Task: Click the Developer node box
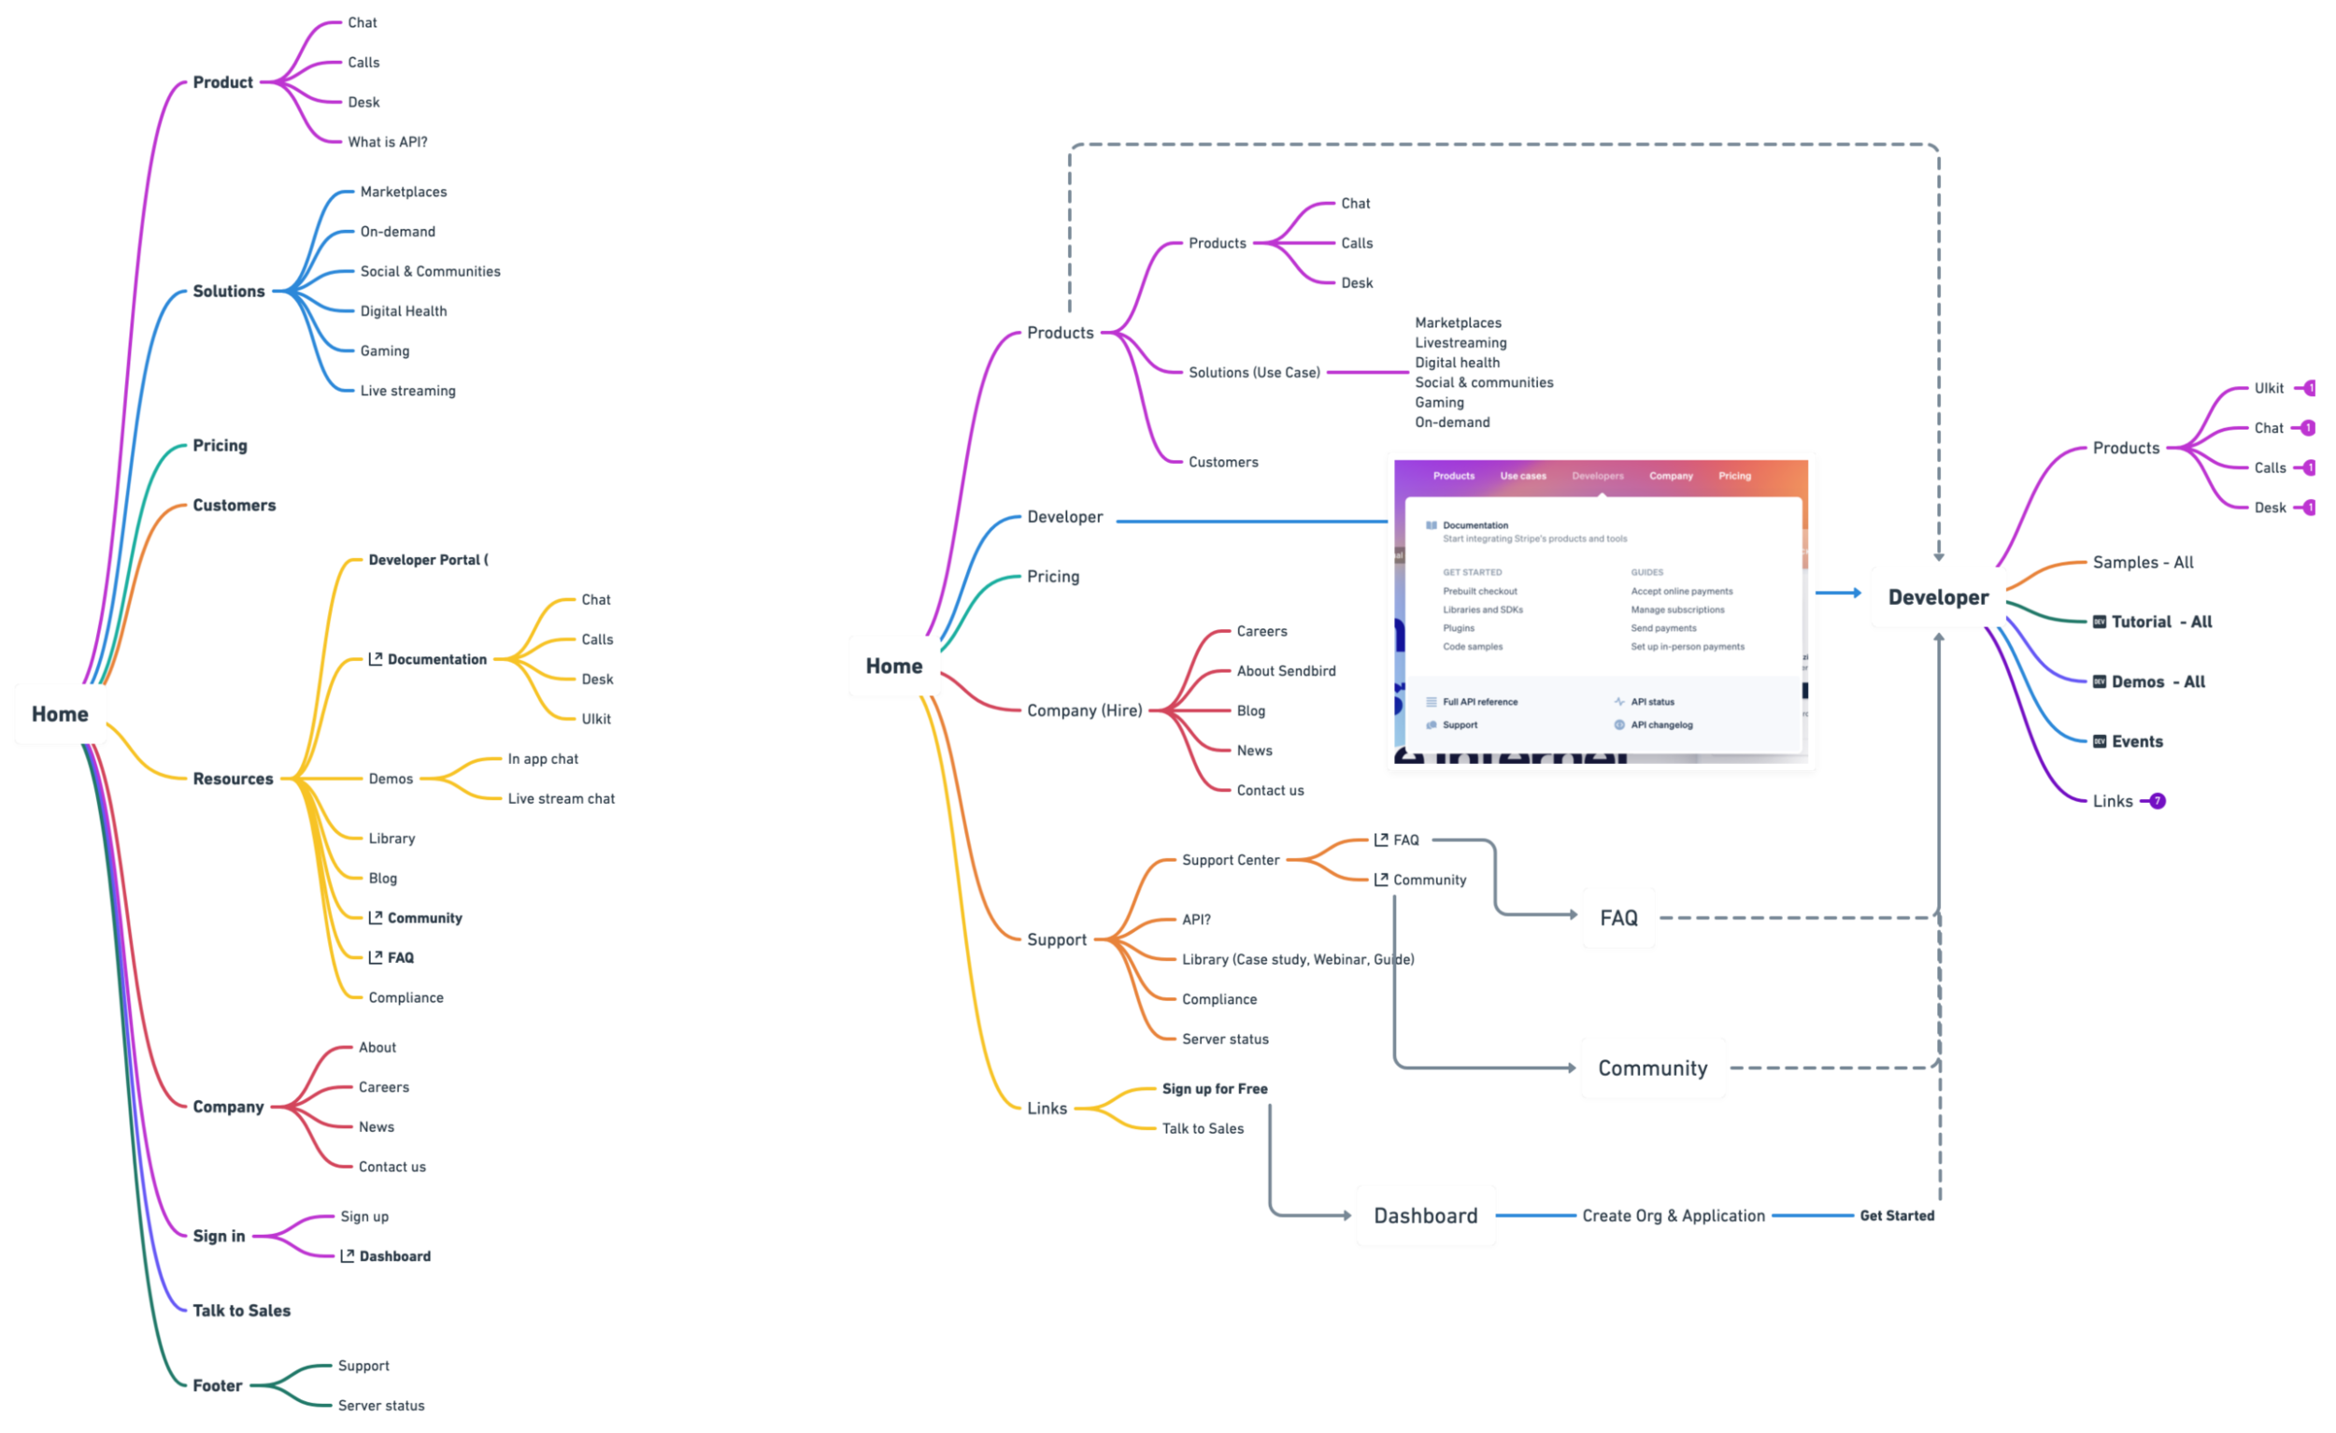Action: [x=1938, y=597]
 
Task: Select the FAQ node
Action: [x=1618, y=918]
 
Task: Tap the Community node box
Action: [x=1652, y=1068]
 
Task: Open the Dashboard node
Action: [x=1425, y=1216]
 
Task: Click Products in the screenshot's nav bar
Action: [x=1453, y=476]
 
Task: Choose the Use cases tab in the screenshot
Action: [x=1522, y=476]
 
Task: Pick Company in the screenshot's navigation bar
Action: [x=1671, y=476]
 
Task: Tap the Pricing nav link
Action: [x=1734, y=476]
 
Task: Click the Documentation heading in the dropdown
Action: [x=1475, y=525]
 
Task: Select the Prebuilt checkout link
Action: [x=1480, y=592]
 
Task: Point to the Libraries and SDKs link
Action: [x=1483, y=609]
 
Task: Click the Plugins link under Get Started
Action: [x=1459, y=628]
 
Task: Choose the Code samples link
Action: [x=1473, y=647]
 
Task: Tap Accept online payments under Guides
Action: [x=1682, y=592]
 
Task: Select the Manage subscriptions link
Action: [x=1677, y=609]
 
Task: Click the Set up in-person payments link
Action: [x=1688, y=647]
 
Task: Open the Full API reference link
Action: [x=1480, y=702]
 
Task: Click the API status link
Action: [x=1652, y=702]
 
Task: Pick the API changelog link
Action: [x=1661, y=725]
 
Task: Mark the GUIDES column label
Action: [x=1646, y=573]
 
